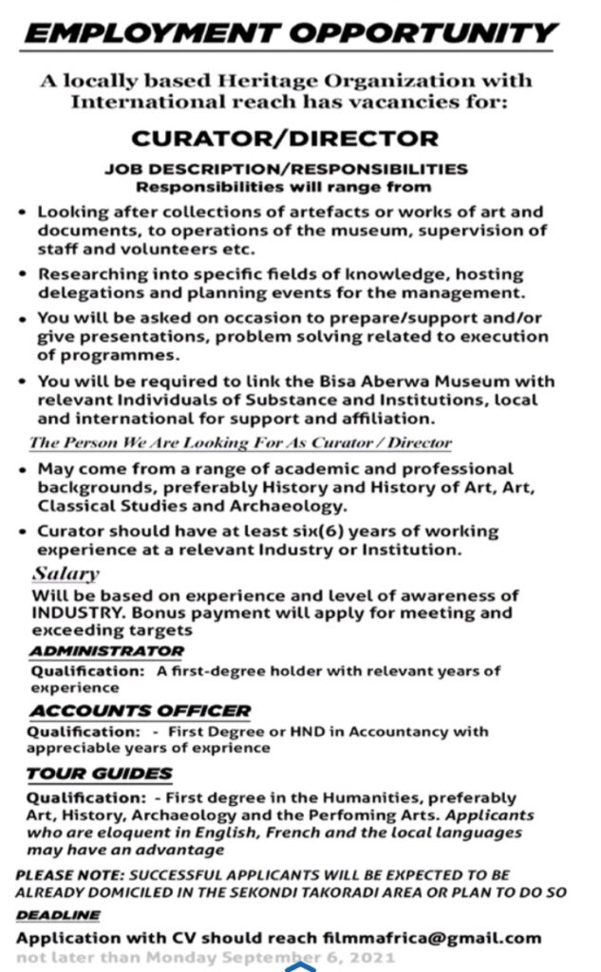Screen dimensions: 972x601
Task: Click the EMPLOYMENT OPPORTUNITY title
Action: pyautogui.click(x=291, y=34)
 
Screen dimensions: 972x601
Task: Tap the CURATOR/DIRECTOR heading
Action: pyautogui.click(x=285, y=140)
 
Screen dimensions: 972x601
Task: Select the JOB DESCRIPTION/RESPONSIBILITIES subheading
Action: pyautogui.click(x=285, y=169)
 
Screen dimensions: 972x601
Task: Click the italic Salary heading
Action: pyautogui.click(x=66, y=574)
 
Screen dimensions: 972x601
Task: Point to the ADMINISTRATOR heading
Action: pyautogui.click(x=106, y=651)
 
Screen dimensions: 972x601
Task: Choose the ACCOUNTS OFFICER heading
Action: pyautogui.click(x=140, y=710)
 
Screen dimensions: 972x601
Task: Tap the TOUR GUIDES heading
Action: pyautogui.click(x=100, y=774)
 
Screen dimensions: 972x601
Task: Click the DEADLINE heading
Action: pyautogui.click(x=58, y=915)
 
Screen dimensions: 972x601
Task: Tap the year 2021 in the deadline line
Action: pyautogui.click(x=370, y=958)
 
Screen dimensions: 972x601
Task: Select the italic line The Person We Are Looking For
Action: pyautogui.click(x=240, y=442)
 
